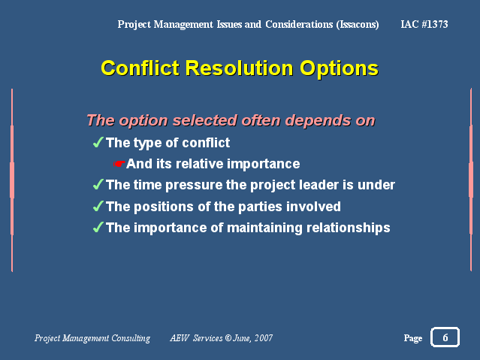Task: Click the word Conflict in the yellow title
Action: [x=140, y=68]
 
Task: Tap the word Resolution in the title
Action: [x=240, y=68]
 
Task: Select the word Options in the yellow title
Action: [x=340, y=69]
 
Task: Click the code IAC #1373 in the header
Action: [x=424, y=24]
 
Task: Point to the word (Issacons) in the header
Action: [x=358, y=25]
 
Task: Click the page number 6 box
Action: [x=445, y=337]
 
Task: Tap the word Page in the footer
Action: [x=413, y=338]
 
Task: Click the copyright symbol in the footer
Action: [x=228, y=337]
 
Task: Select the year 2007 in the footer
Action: [x=264, y=338]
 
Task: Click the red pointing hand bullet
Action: [x=119, y=164]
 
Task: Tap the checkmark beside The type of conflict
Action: [x=98, y=142]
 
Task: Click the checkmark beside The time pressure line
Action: [x=98, y=184]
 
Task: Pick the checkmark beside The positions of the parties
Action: [x=98, y=206]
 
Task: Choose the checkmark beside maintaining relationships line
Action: [x=98, y=227]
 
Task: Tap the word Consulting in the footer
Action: [x=131, y=338]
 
